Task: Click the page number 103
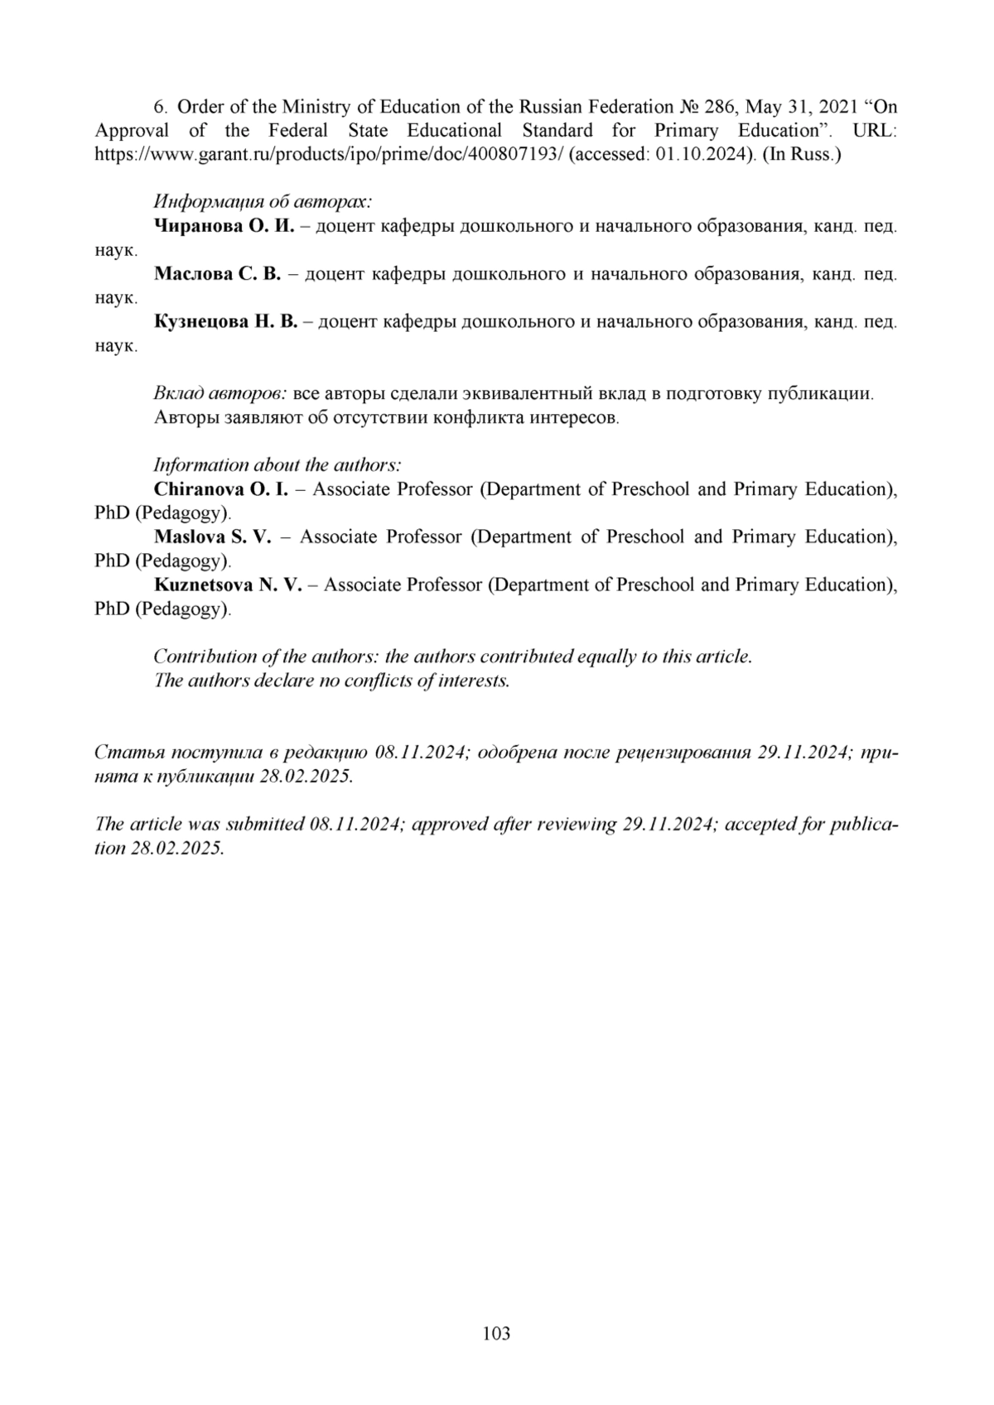coord(496,1334)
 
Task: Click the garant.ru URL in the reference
coord(330,155)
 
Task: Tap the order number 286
coord(721,107)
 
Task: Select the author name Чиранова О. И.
coord(224,226)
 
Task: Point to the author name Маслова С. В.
coord(218,274)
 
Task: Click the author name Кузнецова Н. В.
coord(225,321)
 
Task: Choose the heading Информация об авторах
coord(263,202)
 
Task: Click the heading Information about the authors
coord(277,464)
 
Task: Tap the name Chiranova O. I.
coord(221,489)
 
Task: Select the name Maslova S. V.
coord(213,536)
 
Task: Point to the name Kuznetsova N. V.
coord(228,585)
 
